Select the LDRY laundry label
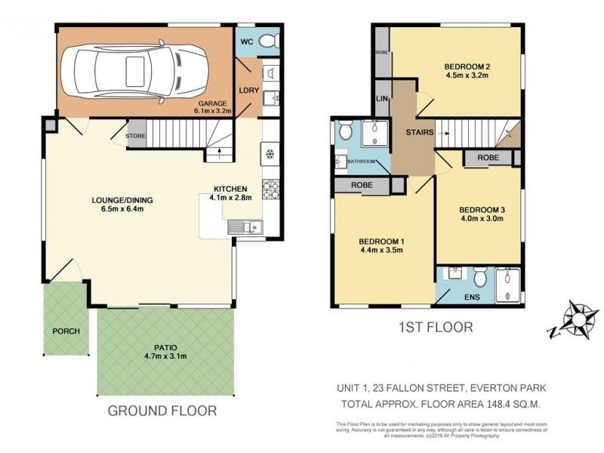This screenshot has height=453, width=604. click(248, 90)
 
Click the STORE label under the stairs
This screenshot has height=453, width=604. click(136, 136)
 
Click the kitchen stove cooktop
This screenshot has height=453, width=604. click(270, 189)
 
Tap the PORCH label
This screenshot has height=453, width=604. click(66, 331)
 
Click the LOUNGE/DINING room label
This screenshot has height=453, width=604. click(122, 200)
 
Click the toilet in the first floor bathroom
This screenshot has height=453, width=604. click(346, 132)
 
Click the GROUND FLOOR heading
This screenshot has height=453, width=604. click(162, 411)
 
